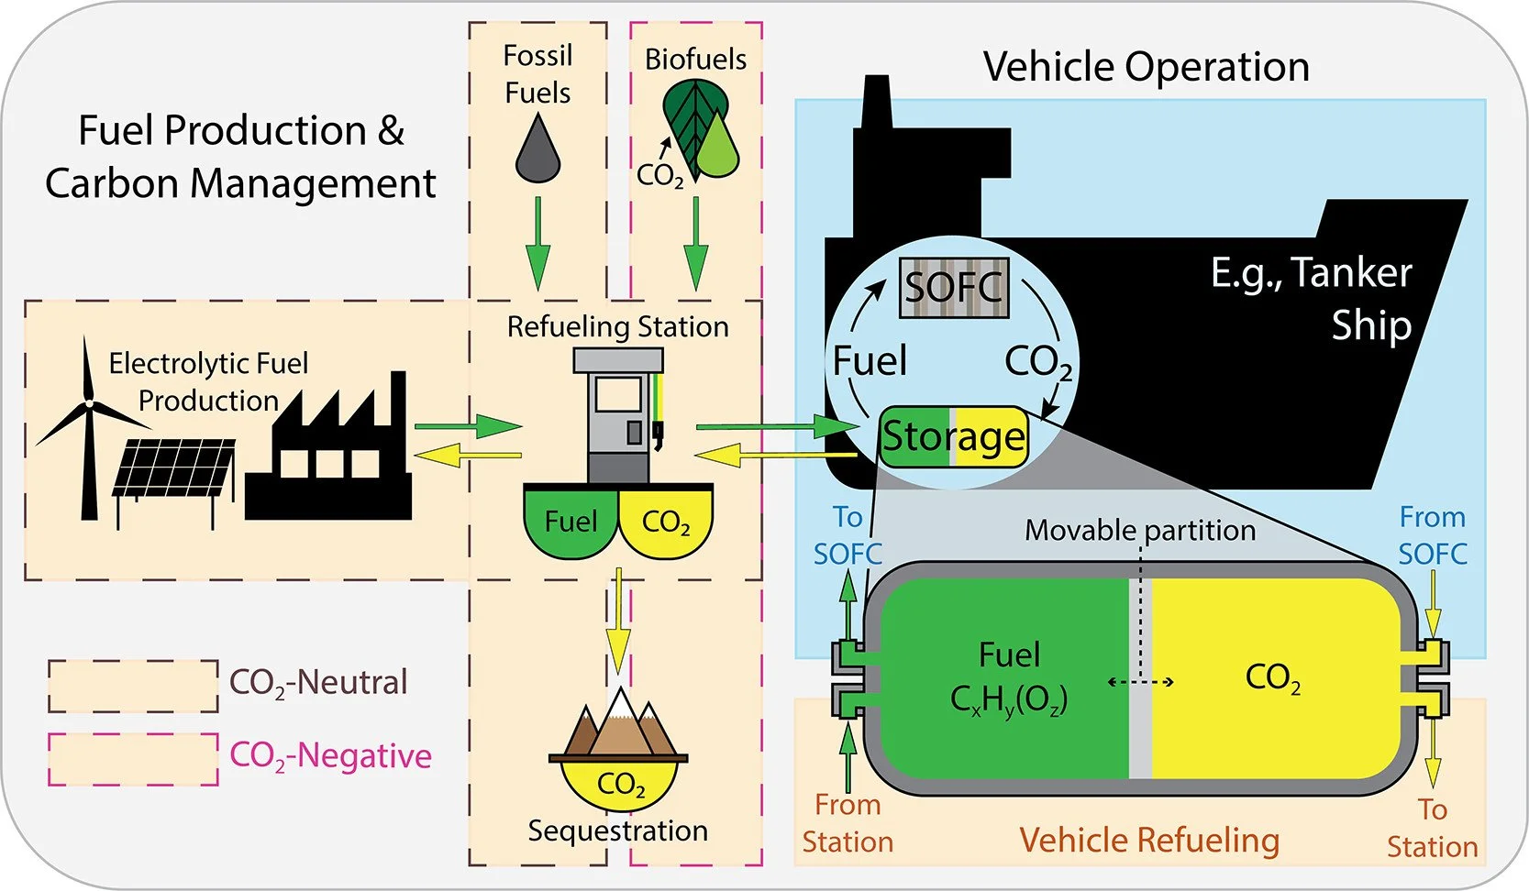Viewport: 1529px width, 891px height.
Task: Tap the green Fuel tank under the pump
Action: [x=571, y=522]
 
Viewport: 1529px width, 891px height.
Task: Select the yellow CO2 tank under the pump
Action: [x=667, y=522]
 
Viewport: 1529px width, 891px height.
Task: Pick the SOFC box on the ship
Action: [x=954, y=289]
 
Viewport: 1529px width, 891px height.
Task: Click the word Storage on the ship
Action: [x=954, y=436]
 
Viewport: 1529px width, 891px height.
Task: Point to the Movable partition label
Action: [x=1140, y=530]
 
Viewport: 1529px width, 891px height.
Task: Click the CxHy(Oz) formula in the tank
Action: [x=1009, y=700]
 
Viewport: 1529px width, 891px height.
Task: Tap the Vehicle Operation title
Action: [x=1146, y=67]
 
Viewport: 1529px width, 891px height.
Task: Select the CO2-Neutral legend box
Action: [x=133, y=686]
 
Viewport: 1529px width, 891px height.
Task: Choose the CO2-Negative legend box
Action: [x=133, y=759]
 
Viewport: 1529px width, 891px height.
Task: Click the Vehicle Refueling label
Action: [x=1149, y=840]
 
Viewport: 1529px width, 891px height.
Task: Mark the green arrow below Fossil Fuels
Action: [x=537, y=243]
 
